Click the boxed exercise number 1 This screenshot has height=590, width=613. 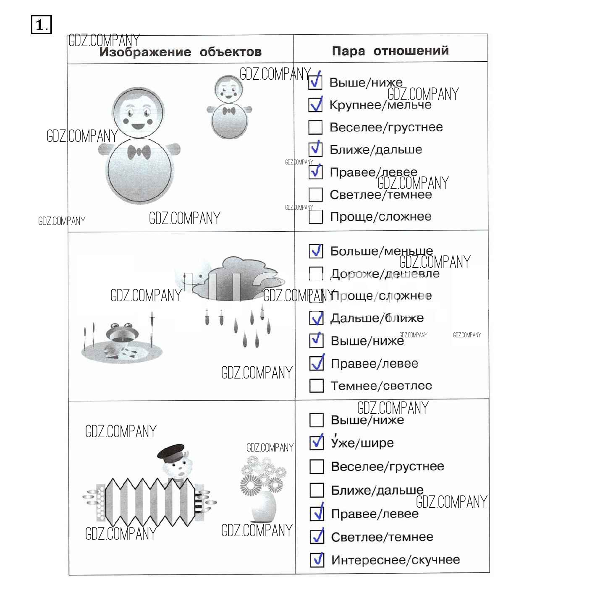[41, 25]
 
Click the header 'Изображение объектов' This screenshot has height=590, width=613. [180, 52]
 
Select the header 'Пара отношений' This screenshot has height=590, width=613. [390, 51]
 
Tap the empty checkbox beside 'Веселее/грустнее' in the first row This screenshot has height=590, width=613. [315, 127]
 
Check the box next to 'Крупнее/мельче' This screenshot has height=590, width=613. [315, 104]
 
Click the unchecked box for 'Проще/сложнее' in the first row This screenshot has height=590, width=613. [316, 217]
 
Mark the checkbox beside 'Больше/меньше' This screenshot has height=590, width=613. [316, 251]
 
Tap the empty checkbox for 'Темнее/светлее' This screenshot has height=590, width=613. [316, 386]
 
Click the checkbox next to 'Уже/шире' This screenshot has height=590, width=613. [316, 443]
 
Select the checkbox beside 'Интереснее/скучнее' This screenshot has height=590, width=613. [317, 560]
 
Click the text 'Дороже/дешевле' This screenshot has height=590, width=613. [385, 274]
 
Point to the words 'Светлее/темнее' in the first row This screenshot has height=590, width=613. [380, 195]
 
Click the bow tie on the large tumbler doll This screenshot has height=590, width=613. [139, 152]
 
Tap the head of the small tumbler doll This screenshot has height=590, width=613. [229, 89]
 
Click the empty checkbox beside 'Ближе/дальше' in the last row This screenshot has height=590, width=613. [316, 490]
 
